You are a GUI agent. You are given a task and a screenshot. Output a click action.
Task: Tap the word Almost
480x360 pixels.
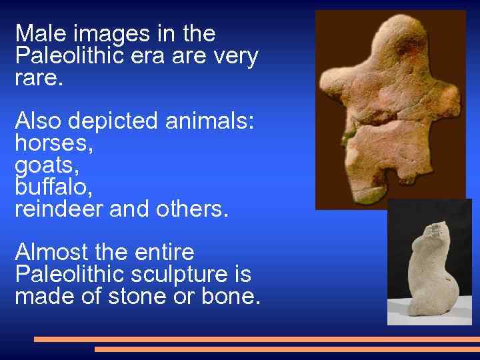[52, 253]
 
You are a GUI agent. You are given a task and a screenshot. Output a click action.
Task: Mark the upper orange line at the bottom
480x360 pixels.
[257, 339]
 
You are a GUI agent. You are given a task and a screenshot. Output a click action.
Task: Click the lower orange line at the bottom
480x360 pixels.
[287, 349]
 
